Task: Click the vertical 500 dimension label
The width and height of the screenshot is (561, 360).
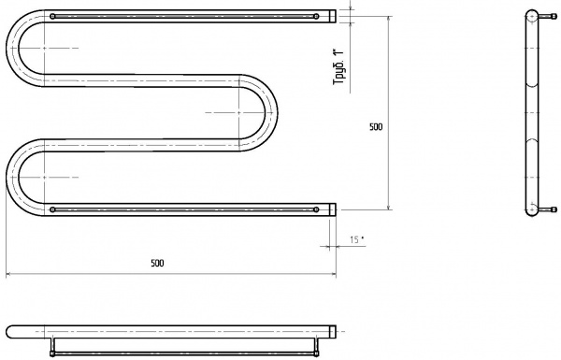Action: [x=376, y=126]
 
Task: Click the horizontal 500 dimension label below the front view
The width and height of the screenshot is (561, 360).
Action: [x=157, y=263]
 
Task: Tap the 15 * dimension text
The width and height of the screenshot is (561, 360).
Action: [x=357, y=239]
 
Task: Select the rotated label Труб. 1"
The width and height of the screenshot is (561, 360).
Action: [x=338, y=66]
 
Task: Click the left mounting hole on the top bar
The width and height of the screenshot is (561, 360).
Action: [x=53, y=16]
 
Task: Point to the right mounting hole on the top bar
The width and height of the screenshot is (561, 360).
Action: [x=316, y=16]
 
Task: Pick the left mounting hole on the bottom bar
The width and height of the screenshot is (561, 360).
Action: [x=53, y=209]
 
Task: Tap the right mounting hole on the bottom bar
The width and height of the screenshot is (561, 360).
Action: [x=316, y=209]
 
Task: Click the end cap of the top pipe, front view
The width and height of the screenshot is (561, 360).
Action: [x=333, y=16]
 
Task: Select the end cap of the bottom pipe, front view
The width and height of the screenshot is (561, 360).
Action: [x=333, y=209]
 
